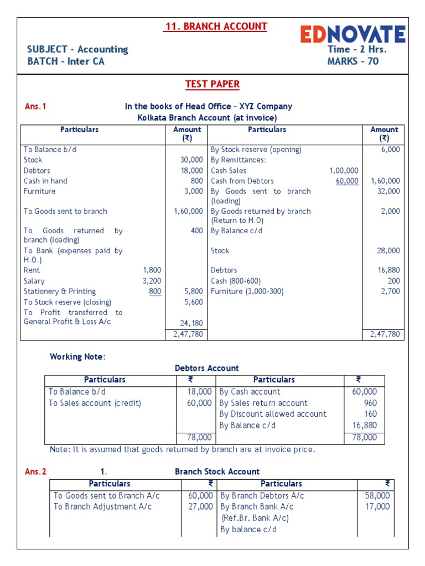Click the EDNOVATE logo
pyautogui.click(x=353, y=34)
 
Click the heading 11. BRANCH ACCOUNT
pyautogui.click(x=216, y=27)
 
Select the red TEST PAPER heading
pyautogui.click(x=212, y=84)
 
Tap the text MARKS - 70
pyautogui.click(x=353, y=61)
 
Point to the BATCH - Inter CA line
pyautogui.click(x=66, y=61)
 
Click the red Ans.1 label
pyautogui.click(x=35, y=107)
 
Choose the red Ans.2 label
pyautogui.click(x=36, y=471)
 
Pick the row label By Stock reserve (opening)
pyautogui.click(x=256, y=150)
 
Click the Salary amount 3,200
pyautogui.click(x=152, y=281)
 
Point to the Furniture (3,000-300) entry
pyautogui.click(x=247, y=291)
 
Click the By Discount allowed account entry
pyautogui.click(x=273, y=414)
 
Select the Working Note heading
pyautogui.click(x=77, y=357)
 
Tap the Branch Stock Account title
pyautogui.click(x=217, y=471)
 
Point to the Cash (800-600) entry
pyautogui.click(x=236, y=281)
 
